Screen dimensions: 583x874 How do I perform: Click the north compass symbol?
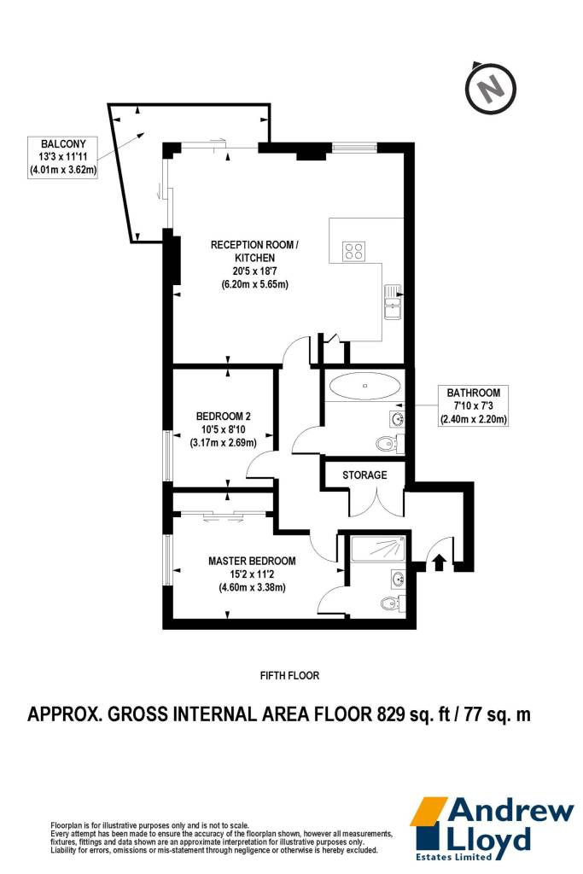coord(491,88)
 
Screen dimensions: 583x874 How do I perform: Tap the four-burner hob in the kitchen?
coord(354,252)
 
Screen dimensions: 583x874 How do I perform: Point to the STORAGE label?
coord(364,475)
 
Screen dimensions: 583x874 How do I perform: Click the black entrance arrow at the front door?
coord(439,562)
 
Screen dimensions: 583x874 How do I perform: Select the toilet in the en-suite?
coord(393,603)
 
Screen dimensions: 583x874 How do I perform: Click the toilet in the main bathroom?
coord(389,444)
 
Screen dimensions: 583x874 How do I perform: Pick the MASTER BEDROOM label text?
coord(252,562)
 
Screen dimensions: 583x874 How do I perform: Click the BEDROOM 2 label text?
coord(223,417)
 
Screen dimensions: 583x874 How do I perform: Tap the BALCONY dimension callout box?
coord(63,158)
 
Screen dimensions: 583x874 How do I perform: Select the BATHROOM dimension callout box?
coord(473,405)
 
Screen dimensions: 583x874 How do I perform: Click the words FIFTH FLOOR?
coord(290,676)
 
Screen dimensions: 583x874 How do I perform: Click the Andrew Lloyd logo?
coord(493,828)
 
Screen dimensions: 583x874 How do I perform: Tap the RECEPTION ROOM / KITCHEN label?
coord(254,252)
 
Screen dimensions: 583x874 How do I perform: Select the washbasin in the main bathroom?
coord(398,418)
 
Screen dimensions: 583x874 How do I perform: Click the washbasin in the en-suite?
coord(399,579)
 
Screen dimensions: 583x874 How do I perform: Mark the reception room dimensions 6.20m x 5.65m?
coord(254,284)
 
